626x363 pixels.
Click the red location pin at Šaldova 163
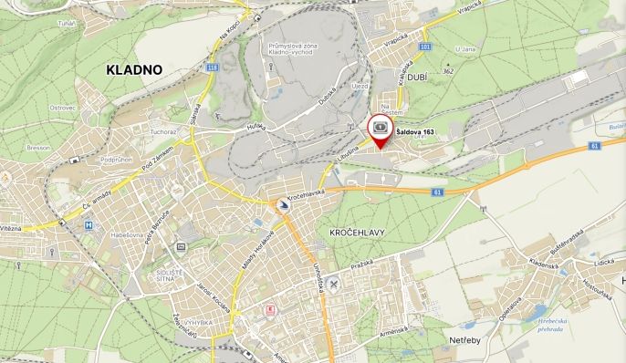[x=380, y=133]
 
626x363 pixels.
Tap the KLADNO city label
[x=133, y=69]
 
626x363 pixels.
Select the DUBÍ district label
[x=418, y=78]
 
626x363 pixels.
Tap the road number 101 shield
[x=424, y=46]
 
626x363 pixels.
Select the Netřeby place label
[x=465, y=341]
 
